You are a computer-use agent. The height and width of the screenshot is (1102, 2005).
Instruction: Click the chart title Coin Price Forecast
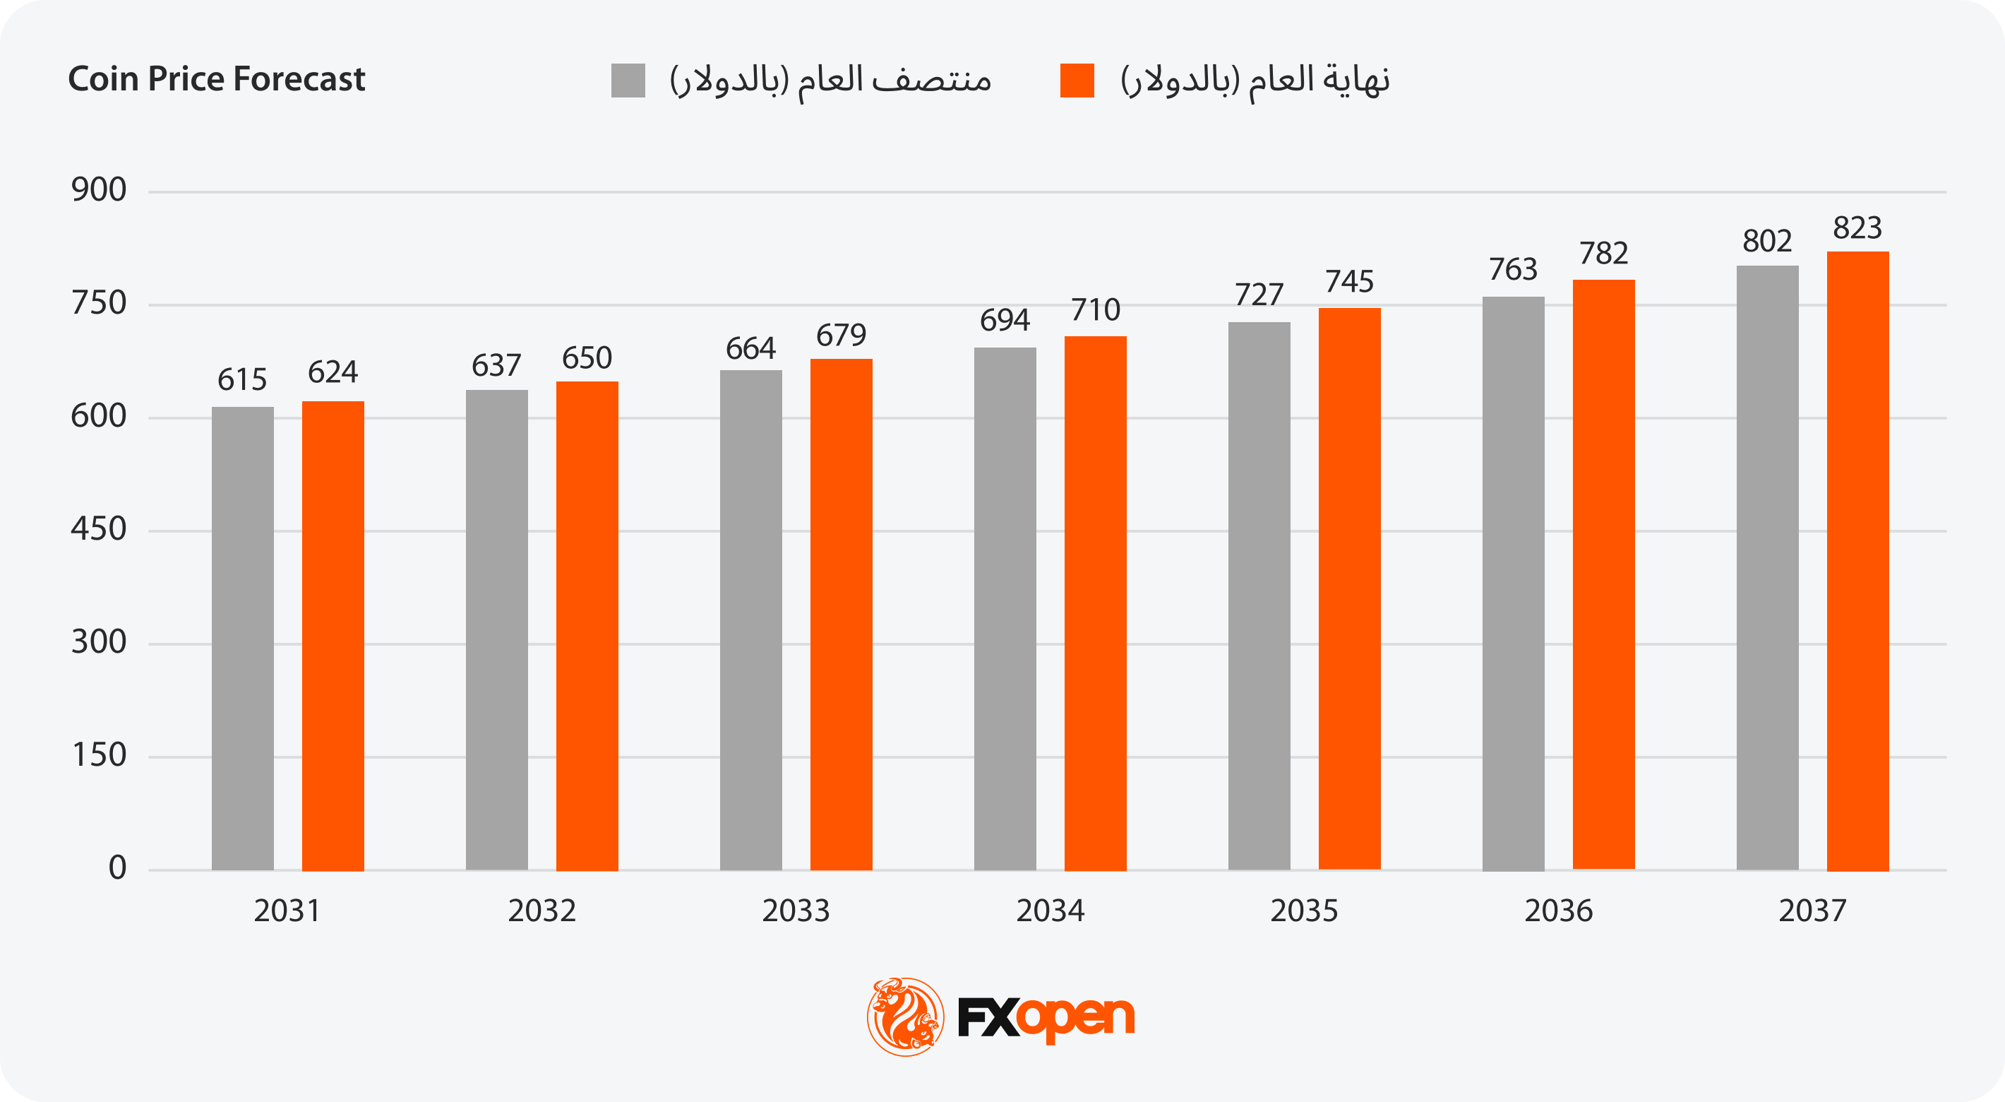[216, 79]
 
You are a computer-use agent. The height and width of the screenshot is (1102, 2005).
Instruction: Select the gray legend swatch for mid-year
[628, 81]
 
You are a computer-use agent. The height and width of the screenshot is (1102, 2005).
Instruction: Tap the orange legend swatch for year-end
[1077, 81]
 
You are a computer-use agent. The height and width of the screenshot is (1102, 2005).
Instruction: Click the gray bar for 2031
[243, 639]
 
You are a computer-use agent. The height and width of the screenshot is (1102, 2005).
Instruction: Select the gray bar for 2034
[1005, 609]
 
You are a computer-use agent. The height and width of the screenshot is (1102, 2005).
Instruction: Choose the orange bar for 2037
[1857, 561]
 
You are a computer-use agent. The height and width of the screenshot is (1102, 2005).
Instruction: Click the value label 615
[242, 380]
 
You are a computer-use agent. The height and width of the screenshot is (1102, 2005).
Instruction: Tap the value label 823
[1857, 228]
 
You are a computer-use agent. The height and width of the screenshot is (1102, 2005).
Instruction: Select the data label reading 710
[1095, 311]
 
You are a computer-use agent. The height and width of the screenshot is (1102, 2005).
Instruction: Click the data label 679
[841, 336]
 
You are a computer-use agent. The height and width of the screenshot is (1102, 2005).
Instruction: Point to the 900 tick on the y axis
[99, 190]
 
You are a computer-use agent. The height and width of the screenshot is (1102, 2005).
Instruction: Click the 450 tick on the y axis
[99, 530]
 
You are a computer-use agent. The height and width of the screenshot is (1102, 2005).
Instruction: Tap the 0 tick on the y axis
[117, 867]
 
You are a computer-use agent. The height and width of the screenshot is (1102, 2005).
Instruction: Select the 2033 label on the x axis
[796, 911]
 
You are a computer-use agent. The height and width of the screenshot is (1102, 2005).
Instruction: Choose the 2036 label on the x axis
[1558, 911]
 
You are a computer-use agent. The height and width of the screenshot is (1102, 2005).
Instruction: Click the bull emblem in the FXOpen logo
[905, 1017]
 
